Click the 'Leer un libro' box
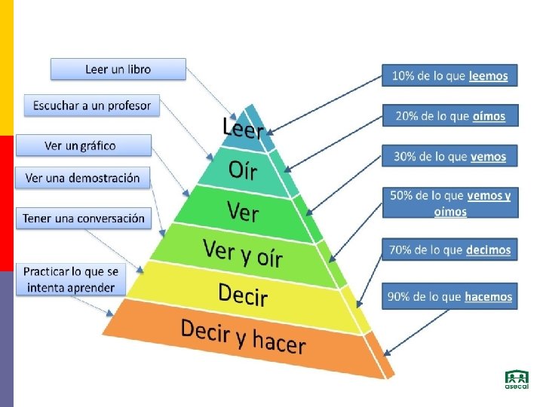click(118, 69)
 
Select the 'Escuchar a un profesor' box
click(92, 106)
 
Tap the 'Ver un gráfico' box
click(83, 145)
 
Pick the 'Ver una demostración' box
click(83, 179)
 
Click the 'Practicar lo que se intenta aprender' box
click(72, 279)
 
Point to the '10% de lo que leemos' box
click(449, 76)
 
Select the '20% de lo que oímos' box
click(449, 115)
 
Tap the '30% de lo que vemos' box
click(449, 157)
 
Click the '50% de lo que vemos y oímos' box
click(449, 203)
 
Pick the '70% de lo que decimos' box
click(449, 249)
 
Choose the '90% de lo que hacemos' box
click(449, 296)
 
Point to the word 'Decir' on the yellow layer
click(243, 294)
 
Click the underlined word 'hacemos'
click(488, 297)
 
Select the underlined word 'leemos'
click(488, 76)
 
